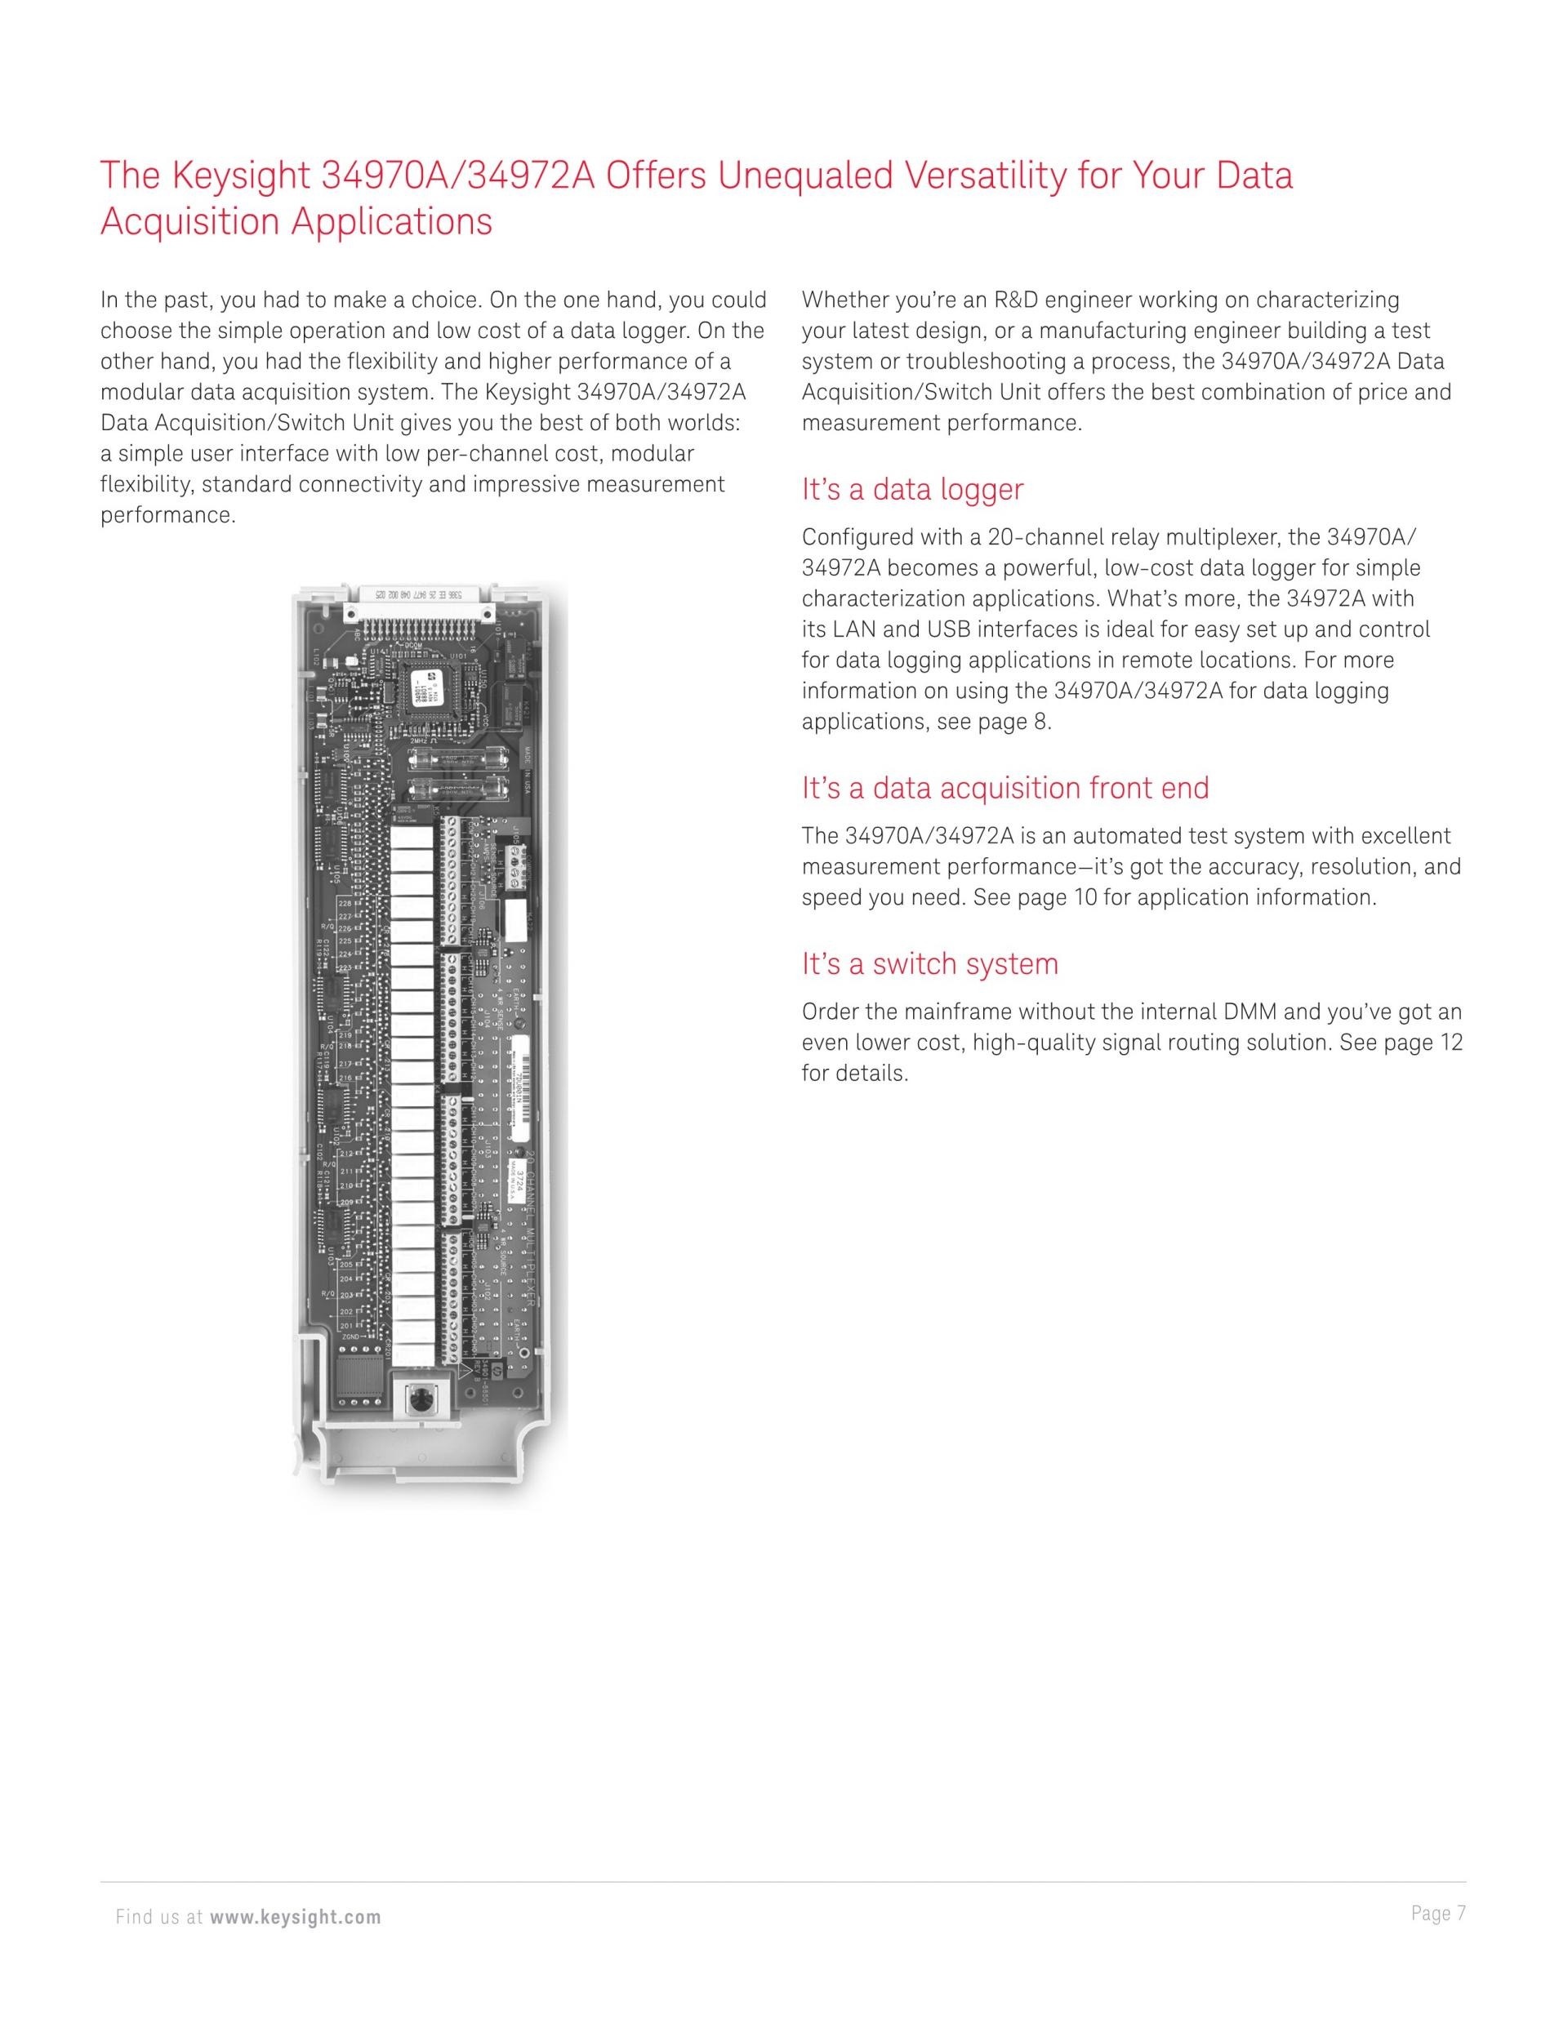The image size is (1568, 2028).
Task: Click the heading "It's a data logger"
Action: pyautogui.click(x=912, y=491)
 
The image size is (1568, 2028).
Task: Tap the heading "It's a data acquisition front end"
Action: pyautogui.click(x=1005, y=789)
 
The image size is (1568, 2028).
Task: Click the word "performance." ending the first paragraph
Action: pyautogui.click(x=168, y=515)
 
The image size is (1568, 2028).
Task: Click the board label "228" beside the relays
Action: pyautogui.click(x=345, y=904)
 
